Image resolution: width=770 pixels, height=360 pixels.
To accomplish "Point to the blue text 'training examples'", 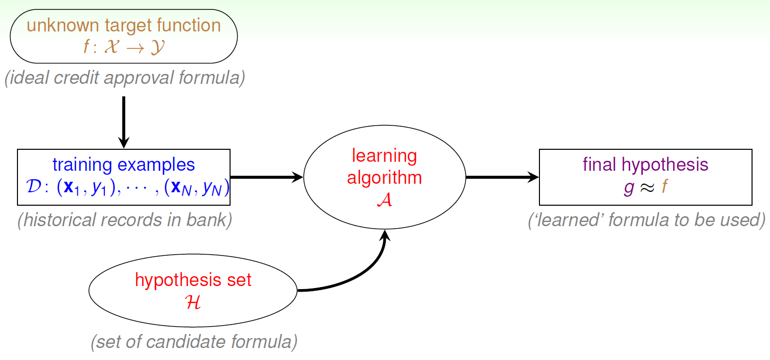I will point(124,164).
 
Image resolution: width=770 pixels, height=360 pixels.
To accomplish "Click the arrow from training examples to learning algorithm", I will point(267,177).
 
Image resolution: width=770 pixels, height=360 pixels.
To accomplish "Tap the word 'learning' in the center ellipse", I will point(384,156).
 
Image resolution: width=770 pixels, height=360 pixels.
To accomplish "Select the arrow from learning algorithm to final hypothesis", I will point(502,177).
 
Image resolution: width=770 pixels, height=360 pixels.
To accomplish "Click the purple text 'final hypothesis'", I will point(645,164).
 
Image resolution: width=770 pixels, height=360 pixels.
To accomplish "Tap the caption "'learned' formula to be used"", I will point(646,220).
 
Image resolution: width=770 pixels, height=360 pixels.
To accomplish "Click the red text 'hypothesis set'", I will point(193,280).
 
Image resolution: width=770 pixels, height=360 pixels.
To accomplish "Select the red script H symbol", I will point(193,302).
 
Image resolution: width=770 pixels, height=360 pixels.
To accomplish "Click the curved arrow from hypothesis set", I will point(359,272).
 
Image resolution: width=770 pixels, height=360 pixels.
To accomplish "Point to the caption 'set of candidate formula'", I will point(194,342).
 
